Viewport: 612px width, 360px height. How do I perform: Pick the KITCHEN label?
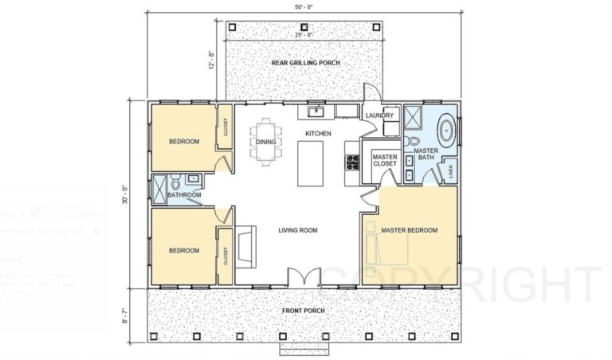point(319,133)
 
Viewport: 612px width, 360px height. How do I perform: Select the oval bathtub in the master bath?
point(447,128)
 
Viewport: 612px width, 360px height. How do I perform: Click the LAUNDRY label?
point(380,115)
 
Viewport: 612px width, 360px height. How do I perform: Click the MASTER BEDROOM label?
point(409,230)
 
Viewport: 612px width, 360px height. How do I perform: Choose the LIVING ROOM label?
point(297,230)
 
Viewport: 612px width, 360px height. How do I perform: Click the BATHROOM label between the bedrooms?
point(183,195)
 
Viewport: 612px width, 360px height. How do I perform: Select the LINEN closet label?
point(451,170)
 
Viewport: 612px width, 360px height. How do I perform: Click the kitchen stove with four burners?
point(351,162)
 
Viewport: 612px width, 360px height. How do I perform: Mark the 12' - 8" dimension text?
point(212,61)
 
